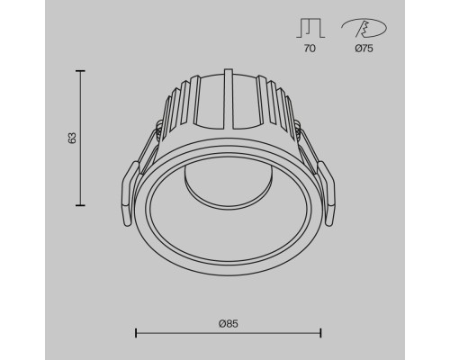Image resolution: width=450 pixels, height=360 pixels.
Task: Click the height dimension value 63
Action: pos(73,138)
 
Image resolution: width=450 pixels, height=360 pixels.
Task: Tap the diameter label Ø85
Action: pos(229,324)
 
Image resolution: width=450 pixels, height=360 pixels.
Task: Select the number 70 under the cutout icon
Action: pos(310,49)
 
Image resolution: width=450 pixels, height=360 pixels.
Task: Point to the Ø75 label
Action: pos(364,49)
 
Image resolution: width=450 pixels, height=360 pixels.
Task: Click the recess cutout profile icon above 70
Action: pos(310,28)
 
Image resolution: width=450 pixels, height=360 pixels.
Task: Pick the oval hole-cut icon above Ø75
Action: pos(364,28)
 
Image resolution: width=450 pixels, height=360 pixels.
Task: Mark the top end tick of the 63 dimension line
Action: pos(80,71)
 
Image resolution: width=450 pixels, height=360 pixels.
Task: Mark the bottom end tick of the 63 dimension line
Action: pos(80,205)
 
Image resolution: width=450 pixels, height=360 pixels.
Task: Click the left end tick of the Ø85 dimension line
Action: pos(136,333)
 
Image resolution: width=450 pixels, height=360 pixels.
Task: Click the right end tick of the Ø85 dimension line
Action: pos(320,333)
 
